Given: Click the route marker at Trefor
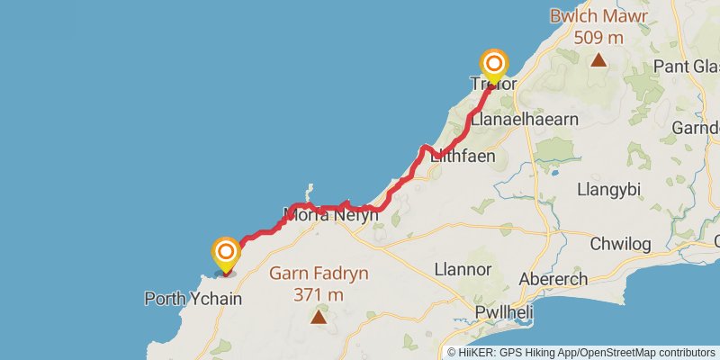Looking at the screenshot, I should tap(494, 64).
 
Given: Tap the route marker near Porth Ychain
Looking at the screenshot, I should tap(225, 252).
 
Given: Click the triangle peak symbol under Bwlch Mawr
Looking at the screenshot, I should tap(598, 60).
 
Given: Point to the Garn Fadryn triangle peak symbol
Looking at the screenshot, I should tap(319, 316).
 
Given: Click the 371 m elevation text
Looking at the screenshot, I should tap(319, 294).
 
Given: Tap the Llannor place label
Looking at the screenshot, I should tap(463, 269).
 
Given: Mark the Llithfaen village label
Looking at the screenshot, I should tap(464, 156).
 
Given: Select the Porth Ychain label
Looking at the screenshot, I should tap(193, 298).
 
